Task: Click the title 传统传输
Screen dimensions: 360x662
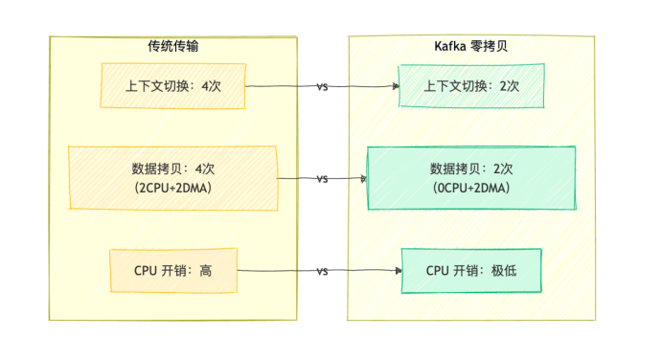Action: click(173, 46)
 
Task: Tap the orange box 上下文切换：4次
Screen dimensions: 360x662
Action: click(173, 86)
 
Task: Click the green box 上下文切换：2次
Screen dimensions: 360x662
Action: click(472, 86)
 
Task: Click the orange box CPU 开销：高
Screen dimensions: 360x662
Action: click(173, 271)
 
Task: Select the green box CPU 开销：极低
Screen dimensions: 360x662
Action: click(471, 271)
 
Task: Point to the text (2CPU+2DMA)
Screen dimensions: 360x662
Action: click(173, 188)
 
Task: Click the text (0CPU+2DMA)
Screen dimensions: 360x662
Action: click(472, 188)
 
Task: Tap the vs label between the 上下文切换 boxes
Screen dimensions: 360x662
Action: click(322, 86)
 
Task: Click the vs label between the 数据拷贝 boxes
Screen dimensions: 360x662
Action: click(322, 179)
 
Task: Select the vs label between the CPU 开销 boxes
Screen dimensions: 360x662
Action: click(322, 271)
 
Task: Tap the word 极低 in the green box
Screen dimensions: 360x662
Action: click(504, 271)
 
